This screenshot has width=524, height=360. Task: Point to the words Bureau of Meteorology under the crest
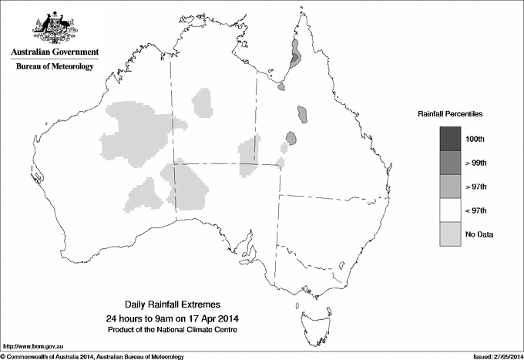tap(55, 67)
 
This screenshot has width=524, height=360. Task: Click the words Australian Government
tap(55, 52)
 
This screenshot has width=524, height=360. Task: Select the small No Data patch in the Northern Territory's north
tap(202, 102)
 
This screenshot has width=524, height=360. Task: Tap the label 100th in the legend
tap(475, 139)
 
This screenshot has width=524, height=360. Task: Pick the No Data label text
tap(479, 234)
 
